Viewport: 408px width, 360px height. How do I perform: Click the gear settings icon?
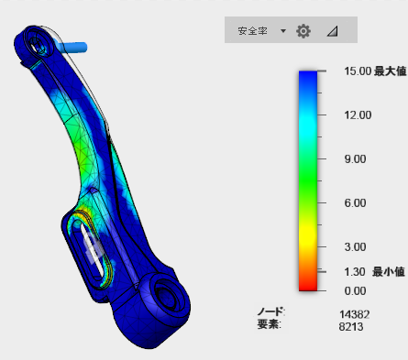click(303, 31)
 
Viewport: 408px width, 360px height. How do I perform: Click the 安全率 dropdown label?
click(252, 31)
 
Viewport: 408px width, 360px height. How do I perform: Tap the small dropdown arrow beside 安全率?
click(283, 31)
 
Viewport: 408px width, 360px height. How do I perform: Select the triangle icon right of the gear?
click(332, 31)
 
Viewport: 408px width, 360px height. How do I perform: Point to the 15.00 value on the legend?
click(358, 71)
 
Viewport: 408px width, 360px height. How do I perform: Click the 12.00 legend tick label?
click(358, 115)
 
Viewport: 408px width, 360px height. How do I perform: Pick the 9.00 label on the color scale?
click(355, 159)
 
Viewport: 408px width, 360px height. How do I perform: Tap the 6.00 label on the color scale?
click(355, 203)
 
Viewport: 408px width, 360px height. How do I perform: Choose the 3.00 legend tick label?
click(355, 247)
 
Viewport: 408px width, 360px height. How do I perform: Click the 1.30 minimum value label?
click(355, 272)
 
